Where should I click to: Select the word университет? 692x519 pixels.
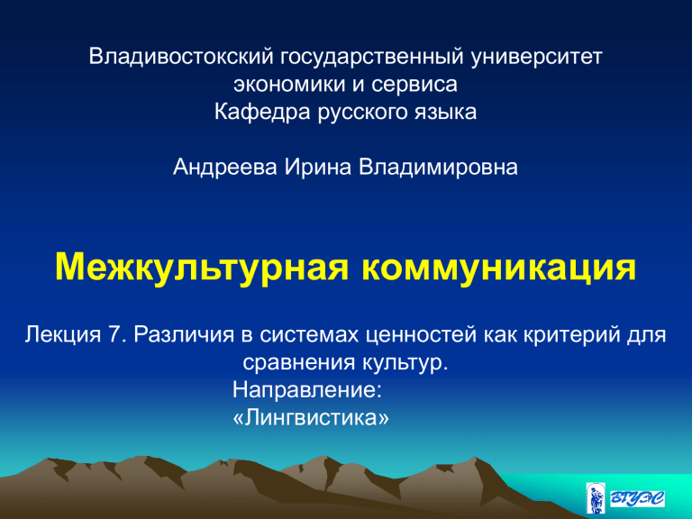(x=537, y=58)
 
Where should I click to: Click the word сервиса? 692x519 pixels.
(x=414, y=85)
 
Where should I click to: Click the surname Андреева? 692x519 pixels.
(x=225, y=168)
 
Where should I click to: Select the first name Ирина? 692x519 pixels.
(x=318, y=168)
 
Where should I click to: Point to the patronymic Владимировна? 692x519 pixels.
(x=438, y=168)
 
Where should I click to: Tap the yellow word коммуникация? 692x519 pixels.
(x=498, y=269)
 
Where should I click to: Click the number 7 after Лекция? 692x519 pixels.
(x=114, y=334)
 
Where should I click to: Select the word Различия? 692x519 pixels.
(x=184, y=335)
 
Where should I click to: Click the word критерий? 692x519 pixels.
(x=570, y=335)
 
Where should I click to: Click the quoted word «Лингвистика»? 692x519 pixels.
(x=311, y=417)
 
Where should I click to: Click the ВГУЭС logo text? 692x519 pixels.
(x=637, y=498)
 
